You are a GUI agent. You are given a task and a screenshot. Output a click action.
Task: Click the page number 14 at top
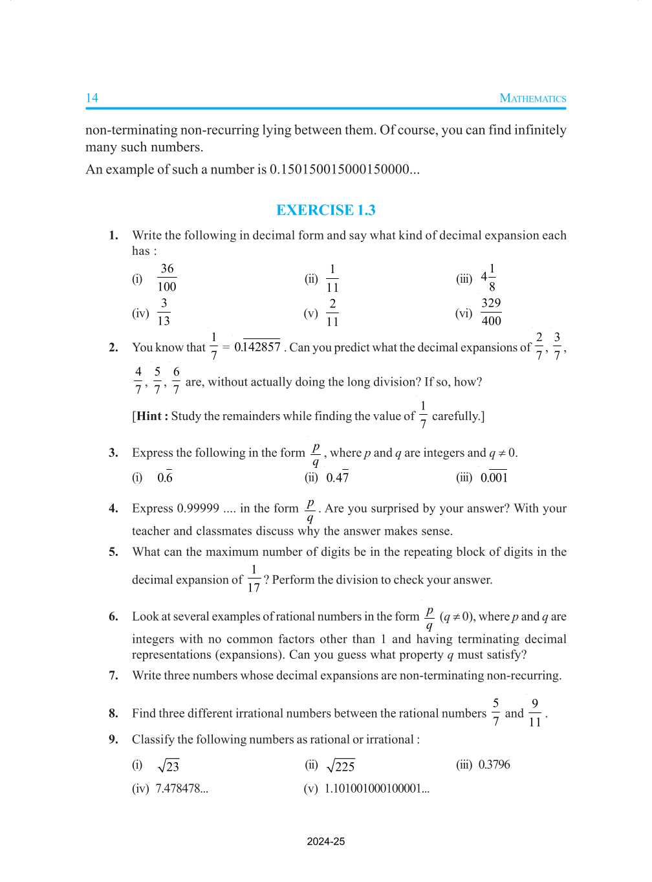click(92, 98)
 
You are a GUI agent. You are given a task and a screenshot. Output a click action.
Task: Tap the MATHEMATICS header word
click(532, 98)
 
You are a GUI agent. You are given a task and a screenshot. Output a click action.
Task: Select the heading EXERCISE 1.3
click(325, 210)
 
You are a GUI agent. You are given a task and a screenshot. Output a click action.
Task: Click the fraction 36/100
click(167, 278)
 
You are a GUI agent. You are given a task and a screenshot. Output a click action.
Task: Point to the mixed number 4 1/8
click(488, 278)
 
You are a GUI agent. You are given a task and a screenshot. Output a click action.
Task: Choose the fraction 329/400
click(491, 312)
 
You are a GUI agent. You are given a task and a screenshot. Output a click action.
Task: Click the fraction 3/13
click(164, 312)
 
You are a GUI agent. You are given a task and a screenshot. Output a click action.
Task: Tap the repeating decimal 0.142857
click(257, 347)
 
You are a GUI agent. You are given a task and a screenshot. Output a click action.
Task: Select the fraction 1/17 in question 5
click(254, 579)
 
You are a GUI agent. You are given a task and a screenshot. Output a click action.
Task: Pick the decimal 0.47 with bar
click(337, 478)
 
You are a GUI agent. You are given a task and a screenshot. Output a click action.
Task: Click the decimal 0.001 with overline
click(494, 478)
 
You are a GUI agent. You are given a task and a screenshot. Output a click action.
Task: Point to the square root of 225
click(341, 766)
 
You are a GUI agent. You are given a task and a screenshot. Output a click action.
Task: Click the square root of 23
click(168, 766)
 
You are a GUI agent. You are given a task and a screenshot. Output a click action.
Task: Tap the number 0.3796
click(494, 765)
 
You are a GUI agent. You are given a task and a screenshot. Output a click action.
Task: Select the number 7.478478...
click(182, 789)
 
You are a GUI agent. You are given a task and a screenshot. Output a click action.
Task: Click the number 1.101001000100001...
click(376, 789)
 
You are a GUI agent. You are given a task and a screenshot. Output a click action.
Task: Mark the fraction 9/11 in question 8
click(534, 712)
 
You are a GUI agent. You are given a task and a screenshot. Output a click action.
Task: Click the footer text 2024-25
click(325, 842)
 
